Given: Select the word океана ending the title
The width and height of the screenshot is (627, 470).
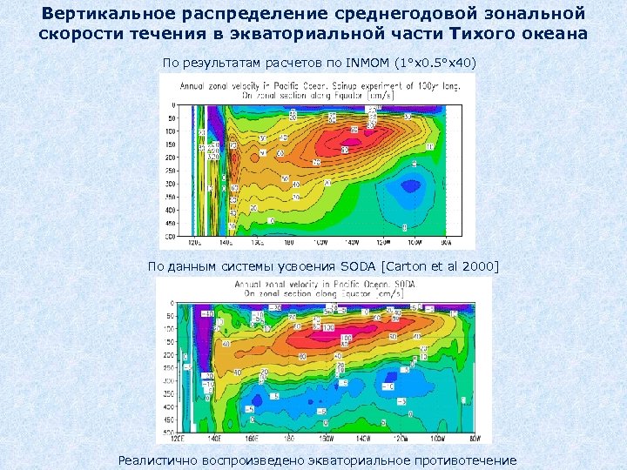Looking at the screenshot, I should coord(554,34).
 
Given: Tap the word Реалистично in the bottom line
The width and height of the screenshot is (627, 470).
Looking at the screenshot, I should coord(158,460).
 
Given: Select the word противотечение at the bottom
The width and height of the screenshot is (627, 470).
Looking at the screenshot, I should coord(461,460).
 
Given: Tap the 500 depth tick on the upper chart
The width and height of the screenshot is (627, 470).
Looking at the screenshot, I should coord(171,236).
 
